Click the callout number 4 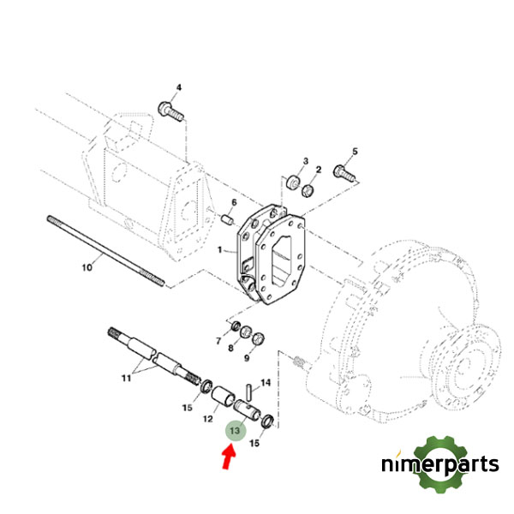click(179, 88)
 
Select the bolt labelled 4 click(170, 111)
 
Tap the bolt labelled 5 click(346, 172)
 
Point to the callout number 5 click(356, 152)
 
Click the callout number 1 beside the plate click(220, 252)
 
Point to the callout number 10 click(87, 268)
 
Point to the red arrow click(228, 458)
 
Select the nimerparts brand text click(440, 465)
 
